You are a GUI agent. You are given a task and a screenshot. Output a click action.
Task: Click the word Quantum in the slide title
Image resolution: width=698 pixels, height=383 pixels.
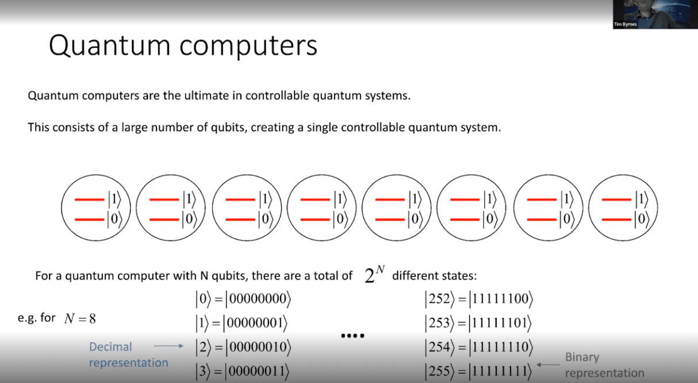point(110,45)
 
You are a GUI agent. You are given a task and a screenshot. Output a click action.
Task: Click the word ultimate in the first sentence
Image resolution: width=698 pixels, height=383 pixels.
point(205,95)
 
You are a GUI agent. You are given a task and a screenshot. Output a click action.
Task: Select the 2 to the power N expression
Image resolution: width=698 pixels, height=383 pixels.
point(374,274)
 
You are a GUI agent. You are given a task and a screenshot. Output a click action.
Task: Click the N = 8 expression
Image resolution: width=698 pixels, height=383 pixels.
point(80,319)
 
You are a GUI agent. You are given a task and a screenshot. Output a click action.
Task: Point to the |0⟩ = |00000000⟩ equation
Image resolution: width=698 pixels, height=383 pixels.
point(243,299)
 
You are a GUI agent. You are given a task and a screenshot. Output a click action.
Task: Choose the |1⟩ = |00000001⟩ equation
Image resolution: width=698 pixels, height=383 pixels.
point(241,323)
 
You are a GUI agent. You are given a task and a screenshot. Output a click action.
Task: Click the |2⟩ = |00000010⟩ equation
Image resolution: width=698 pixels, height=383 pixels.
point(243,347)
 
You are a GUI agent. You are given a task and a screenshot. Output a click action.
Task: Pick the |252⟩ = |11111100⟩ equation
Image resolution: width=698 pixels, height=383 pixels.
point(479,299)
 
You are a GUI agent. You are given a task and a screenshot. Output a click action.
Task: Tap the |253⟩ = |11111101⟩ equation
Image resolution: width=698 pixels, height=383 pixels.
point(478,323)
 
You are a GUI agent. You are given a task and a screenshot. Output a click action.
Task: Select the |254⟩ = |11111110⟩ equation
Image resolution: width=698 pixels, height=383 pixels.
point(479,347)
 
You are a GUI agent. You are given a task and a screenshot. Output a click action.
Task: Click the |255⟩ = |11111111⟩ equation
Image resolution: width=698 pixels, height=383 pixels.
point(478,371)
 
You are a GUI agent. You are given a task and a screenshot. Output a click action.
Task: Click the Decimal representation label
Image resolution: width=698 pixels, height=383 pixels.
point(128,355)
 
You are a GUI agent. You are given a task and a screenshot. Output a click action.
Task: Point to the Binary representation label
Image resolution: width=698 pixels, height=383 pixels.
point(604,365)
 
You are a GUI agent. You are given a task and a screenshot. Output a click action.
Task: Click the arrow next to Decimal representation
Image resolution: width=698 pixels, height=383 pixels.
point(168,346)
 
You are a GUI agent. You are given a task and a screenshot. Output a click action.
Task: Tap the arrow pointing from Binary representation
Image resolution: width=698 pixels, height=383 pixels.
point(548,365)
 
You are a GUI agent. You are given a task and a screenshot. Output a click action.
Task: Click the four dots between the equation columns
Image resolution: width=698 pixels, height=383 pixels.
point(352,336)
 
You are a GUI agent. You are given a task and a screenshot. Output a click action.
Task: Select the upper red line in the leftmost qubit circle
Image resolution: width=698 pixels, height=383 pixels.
point(90,200)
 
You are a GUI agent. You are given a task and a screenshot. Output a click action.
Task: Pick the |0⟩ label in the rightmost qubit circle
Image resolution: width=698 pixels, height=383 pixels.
point(642,219)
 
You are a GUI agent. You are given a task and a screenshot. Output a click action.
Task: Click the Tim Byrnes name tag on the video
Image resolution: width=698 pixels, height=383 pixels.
point(625,24)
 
